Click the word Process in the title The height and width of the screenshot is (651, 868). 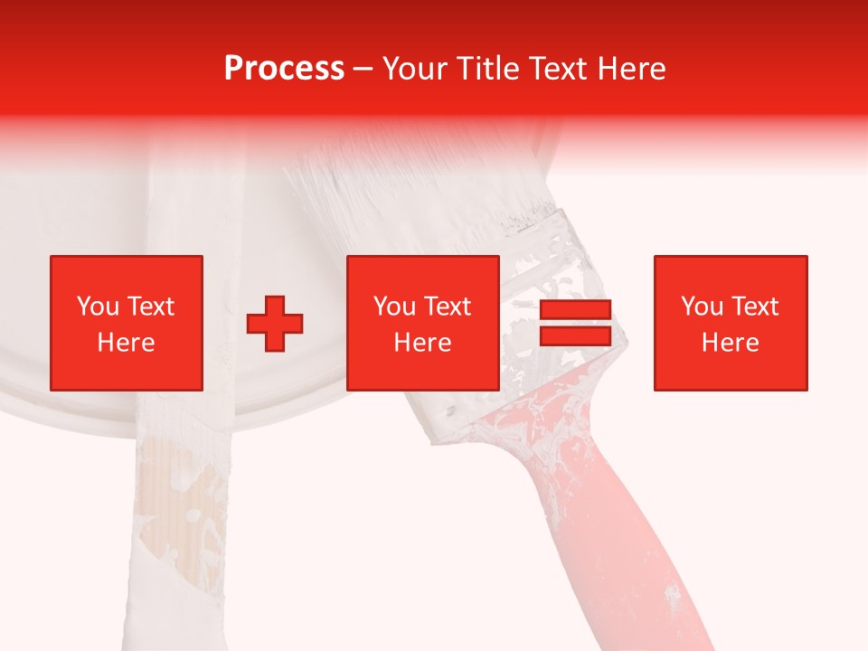[x=284, y=69]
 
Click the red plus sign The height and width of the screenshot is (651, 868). [x=276, y=324]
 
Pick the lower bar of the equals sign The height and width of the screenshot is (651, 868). [x=575, y=335]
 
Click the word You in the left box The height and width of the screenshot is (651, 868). [x=98, y=307]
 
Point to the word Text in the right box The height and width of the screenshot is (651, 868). [x=758, y=307]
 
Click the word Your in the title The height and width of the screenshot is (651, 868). [x=413, y=69]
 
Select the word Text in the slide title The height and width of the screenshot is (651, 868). [x=560, y=69]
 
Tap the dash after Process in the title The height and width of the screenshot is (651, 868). [x=363, y=69]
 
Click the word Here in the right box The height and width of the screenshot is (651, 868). [x=731, y=343]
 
